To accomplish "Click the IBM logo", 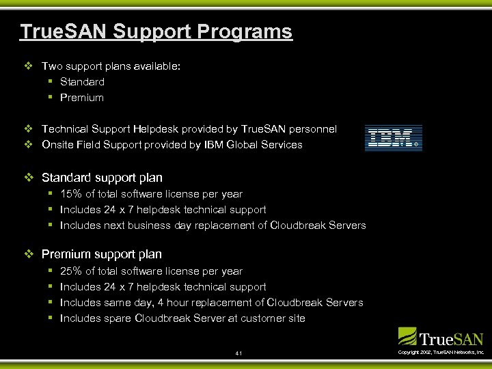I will point(393,137).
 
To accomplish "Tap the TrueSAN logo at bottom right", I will point(441,338).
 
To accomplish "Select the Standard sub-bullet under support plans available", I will point(82,82).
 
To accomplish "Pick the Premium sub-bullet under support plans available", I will point(82,98).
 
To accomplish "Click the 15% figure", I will point(72,194).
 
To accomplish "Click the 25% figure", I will point(72,271).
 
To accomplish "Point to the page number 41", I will point(238,353).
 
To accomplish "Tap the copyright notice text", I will point(441,352).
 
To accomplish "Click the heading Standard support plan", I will point(102,178).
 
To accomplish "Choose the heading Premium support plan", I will point(102,254).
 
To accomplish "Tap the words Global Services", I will point(270,145).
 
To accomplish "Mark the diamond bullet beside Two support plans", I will point(28,66).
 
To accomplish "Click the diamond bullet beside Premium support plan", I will point(28,254).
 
